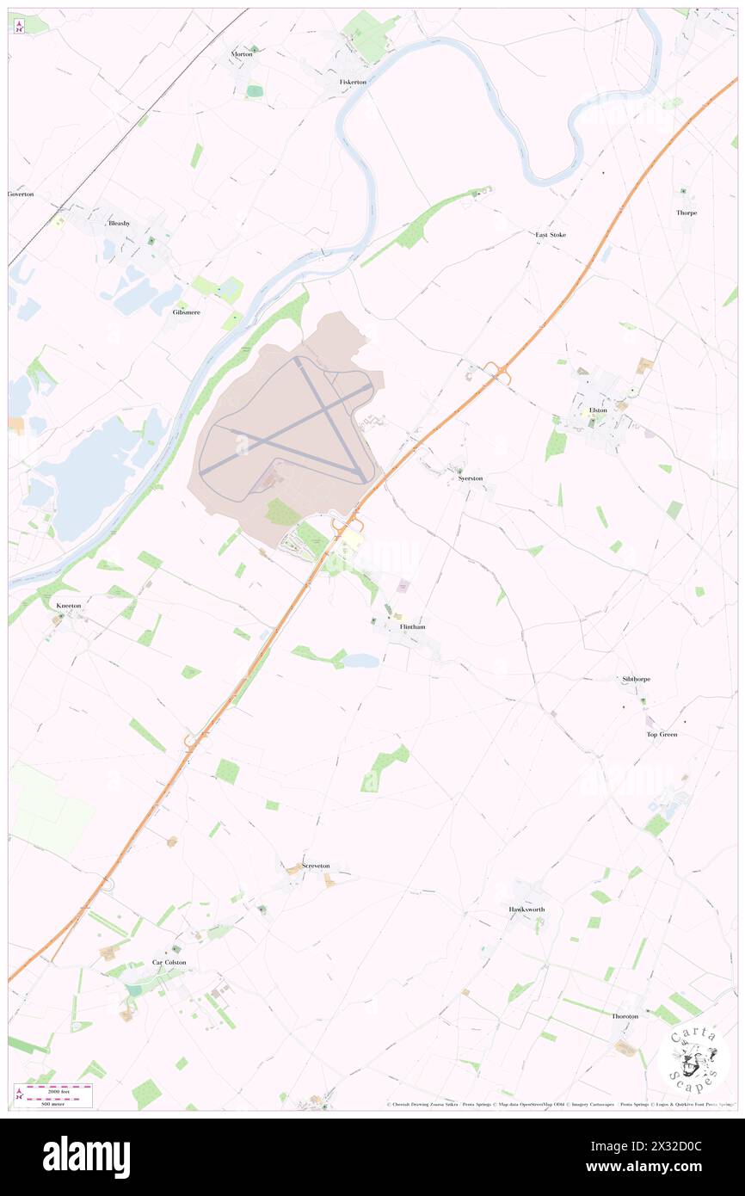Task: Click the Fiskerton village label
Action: tap(353, 82)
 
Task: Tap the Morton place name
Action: tap(242, 54)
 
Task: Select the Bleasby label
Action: tap(119, 223)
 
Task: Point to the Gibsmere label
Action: tap(186, 312)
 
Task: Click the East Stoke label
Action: tap(551, 234)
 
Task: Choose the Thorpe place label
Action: tap(686, 213)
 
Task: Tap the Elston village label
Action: tap(598, 410)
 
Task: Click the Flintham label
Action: tap(413, 627)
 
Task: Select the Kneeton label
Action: tap(69, 606)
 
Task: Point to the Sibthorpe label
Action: tap(636, 679)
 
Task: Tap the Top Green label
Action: tap(662, 734)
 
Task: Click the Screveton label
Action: tap(316, 866)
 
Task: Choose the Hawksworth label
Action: tap(526, 909)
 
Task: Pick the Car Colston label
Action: tap(169, 962)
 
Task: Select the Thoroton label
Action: tap(625, 1016)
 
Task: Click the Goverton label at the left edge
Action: tap(21, 194)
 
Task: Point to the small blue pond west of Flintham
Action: tap(361, 661)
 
